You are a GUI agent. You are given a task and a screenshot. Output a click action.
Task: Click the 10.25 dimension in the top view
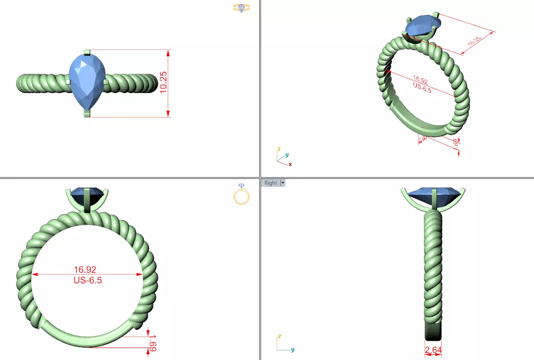click(163, 83)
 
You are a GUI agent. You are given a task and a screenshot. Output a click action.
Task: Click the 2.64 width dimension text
click(433, 350)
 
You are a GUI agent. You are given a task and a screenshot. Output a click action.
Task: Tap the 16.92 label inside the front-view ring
click(85, 269)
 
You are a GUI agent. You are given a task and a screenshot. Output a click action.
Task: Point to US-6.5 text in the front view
click(87, 280)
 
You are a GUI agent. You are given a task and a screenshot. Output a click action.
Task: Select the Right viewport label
click(270, 183)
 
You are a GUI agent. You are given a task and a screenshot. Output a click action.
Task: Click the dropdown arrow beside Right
click(283, 183)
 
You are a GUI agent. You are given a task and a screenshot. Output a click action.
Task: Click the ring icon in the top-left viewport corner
click(242, 8)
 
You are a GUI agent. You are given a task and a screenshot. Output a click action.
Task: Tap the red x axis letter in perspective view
click(290, 164)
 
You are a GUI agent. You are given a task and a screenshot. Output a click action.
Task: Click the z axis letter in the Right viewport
click(279, 336)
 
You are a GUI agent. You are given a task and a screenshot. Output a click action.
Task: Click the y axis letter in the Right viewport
click(293, 350)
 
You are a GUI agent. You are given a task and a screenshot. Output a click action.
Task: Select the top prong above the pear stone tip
click(87, 52)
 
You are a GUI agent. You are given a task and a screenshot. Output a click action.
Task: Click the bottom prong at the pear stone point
click(87, 114)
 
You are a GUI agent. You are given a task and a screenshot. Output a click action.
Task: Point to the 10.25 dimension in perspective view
click(475, 41)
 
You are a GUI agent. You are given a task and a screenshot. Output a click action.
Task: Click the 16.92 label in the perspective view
click(420, 81)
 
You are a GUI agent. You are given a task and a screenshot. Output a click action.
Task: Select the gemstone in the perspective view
click(422, 26)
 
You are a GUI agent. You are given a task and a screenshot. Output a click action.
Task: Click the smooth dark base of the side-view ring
click(433, 330)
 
